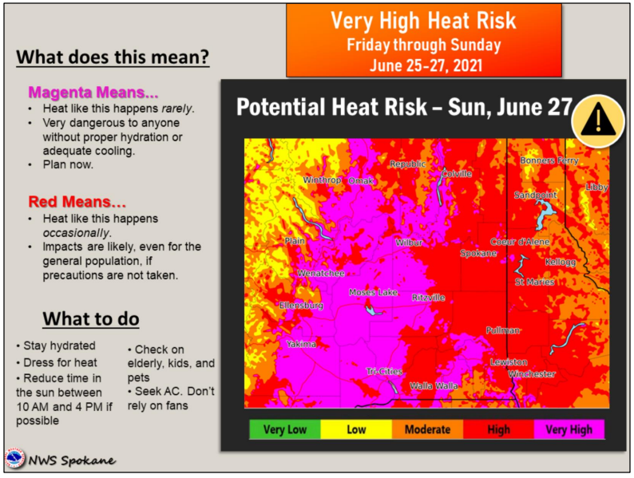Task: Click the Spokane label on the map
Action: pos(478,253)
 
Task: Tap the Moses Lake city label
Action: pos(373,292)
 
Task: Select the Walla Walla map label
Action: pos(434,386)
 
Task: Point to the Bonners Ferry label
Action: pos(549,160)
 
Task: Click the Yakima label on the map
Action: pos(301,344)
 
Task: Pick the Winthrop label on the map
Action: pos(322,180)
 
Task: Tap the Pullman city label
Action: pos(502,330)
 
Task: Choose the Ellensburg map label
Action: pos(301,306)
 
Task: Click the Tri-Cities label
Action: pos(384,371)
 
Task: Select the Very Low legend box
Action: pos(285,429)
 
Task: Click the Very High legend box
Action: pos(569,429)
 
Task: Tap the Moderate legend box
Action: pos(427,429)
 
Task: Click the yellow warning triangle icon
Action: pos(598,120)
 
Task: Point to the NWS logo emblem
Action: pos(15,459)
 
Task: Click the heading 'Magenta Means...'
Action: pos(93,92)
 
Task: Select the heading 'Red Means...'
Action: pos(77,201)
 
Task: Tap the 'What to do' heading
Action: pos(91,318)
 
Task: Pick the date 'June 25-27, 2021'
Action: pos(426,65)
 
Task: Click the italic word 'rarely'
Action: pos(176,109)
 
